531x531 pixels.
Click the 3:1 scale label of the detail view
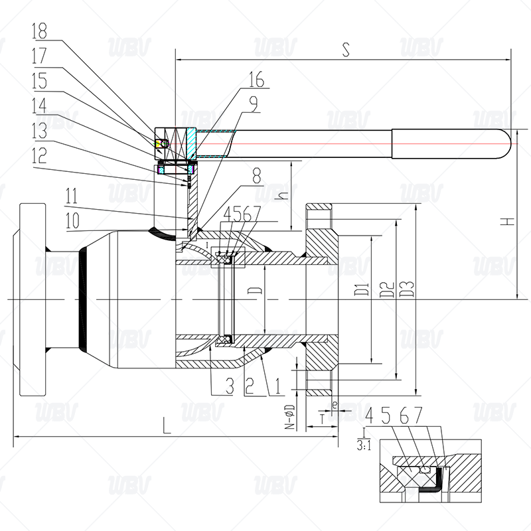[364, 445]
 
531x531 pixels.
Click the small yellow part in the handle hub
[159, 143]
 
